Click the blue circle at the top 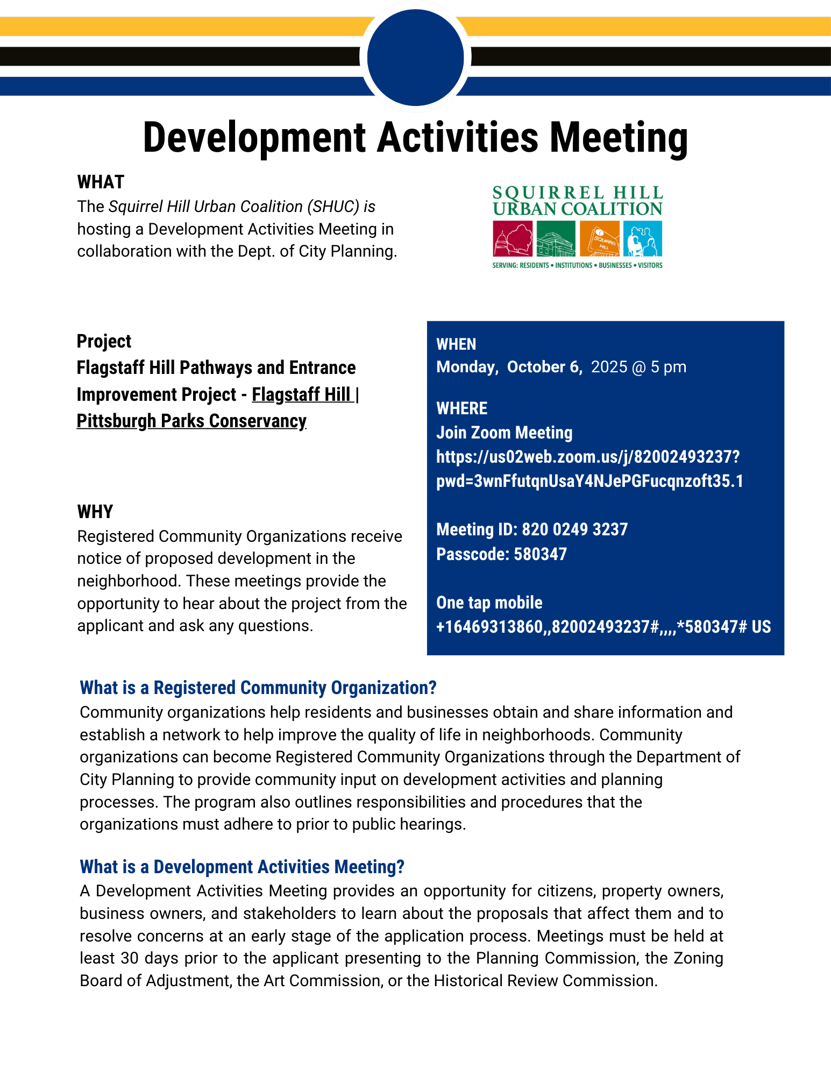[x=415, y=57]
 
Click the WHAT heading [x=101, y=182]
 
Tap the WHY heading [x=95, y=512]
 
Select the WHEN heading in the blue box [x=456, y=344]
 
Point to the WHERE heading [x=461, y=408]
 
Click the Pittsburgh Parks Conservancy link [x=191, y=421]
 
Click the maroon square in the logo [x=513, y=239]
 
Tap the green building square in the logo [x=556, y=239]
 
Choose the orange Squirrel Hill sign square [x=599, y=239]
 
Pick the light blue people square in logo [x=643, y=239]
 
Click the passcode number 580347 [x=540, y=554]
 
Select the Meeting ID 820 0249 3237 [x=574, y=529]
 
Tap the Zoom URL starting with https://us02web [x=588, y=457]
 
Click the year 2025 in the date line [x=609, y=367]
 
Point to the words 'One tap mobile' [x=489, y=603]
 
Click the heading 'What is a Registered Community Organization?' [x=258, y=688]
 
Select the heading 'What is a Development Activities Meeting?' [x=242, y=867]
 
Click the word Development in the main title [x=254, y=138]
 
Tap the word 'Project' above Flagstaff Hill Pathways [x=104, y=341]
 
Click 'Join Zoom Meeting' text [x=504, y=433]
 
